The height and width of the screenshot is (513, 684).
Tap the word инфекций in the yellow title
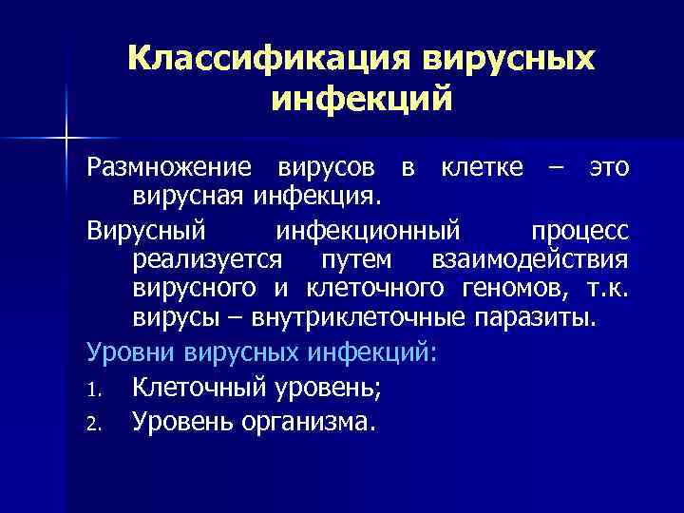coord(361,99)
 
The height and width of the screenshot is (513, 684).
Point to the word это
coord(608,168)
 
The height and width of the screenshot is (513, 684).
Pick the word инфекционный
coord(368,232)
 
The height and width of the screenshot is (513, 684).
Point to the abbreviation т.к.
coord(605,288)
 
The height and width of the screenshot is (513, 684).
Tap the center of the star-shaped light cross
coord(66,140)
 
